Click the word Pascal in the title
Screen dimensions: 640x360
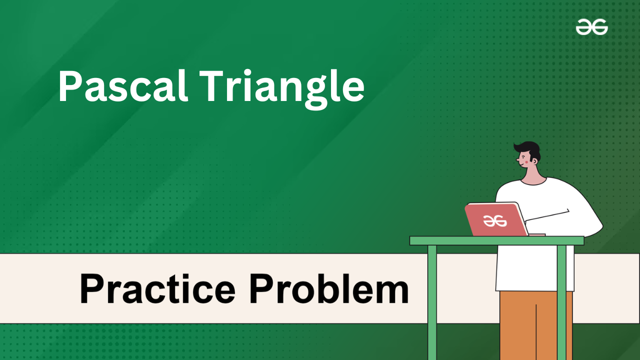[123, 85]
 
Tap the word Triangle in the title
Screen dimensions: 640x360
[281, 89]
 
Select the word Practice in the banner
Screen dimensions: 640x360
[157, 288]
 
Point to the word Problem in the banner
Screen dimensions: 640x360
[329, 288]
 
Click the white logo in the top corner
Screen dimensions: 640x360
[591, 27]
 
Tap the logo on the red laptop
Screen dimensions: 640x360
[495, 221]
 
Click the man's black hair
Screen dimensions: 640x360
[528, 150]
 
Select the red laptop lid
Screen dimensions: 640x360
[496, 219]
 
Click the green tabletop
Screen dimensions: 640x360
[497, 240]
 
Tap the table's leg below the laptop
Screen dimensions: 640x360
[432, 302]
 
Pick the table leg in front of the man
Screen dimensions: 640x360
[561, 302]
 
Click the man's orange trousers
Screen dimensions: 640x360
[536, 325]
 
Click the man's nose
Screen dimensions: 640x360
[517, 159]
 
